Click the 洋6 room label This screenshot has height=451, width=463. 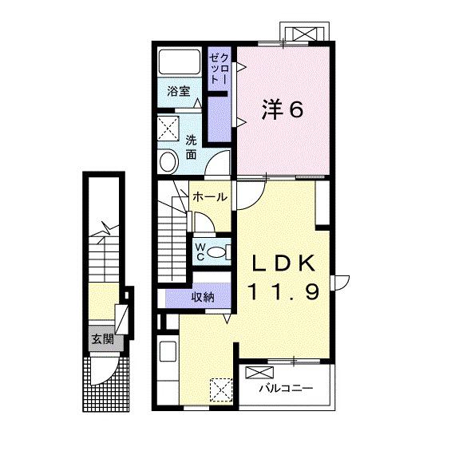pyautogui.click(x=283, y=109)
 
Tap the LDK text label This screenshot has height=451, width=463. pyautogui.click(x=283, y=263)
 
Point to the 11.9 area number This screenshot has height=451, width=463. pyautogui.click(x=284, y=291)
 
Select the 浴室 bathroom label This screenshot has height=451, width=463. pyautogui.click(x=178, y=91)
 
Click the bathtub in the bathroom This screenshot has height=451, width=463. pyautogui.click(x=180, y=61)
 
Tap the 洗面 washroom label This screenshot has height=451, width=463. pyautogui.click(x=191, y=148)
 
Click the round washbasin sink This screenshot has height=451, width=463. pyautogui.click(x=169, y=161)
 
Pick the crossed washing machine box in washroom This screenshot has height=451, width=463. pyautogui.click(x=168, y=128)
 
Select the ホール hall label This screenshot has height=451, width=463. pyautogui.click(x=210, y=196)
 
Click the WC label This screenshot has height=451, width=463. pyautogui.click(x=200, y=251)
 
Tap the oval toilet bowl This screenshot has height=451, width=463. pyautogui.click(x=216, y=252)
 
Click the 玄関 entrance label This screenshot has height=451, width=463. pyautogui.click(x=102, y=338)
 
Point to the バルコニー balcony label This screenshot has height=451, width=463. pyautogui.click(x=286, y=387)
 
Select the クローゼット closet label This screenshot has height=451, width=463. pyautogui.click(x=219, y=68)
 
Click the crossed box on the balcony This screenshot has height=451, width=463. pyautogui.click(x=259, y=373)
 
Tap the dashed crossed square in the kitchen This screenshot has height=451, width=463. pyautogui.click(x=221, y=390)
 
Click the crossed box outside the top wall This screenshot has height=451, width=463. pyautogui.click(x=304, y=34)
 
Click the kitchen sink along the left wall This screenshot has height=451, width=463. pyautogui.click(x=168, y=351)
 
